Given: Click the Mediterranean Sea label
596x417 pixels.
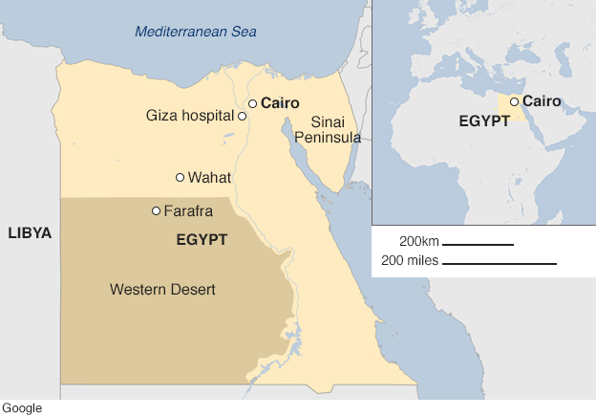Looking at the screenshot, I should click(x=195, y=32).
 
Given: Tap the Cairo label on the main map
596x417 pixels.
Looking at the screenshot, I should click(x=281, y=103).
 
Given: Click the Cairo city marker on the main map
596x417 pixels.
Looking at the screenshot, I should click(x=253, y=103).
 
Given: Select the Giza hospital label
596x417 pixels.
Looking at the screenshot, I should click(x=189, y=116).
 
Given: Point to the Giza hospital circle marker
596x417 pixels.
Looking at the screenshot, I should click(x=243, y=116).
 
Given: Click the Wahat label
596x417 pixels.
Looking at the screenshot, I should click(x=209, y=177).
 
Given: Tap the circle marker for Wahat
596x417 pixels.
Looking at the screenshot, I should click(x=180, y=177).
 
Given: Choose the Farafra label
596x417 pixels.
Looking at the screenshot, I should click(x=188, y=210).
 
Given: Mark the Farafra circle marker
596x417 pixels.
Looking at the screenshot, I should click(x=156, y=210).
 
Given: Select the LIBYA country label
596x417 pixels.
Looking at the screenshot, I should click(x=30, y=233).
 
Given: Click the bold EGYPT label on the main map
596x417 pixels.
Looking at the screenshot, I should click(x=202, y=240).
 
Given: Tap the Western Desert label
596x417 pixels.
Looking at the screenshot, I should click(x=162, y=289).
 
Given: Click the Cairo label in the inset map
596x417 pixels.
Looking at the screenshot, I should click(x=542, y=101).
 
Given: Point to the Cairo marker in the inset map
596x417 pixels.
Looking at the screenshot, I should click(x=515, y=101).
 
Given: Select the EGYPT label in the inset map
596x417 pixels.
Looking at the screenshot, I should click(x=482, y=122).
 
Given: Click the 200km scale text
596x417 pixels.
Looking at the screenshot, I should click(x=418, y=240).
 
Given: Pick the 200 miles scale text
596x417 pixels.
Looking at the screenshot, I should click(x=411, y=260).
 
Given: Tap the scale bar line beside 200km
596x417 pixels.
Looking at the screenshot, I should click(x=478, y=245).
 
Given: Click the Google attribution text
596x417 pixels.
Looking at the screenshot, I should click(x=22, y=408).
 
